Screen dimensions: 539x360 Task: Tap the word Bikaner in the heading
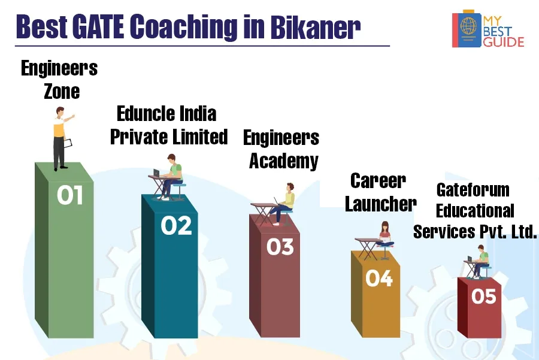(315, 26)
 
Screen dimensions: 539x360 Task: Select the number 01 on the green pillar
(70, 195)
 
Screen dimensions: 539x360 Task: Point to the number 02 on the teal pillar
(176, 226)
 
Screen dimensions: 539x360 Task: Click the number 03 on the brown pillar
(280, 247)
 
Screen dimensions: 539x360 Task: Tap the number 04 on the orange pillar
(379, 278)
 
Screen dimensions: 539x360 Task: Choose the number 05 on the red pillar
(484, 296)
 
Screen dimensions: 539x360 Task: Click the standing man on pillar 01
(62, 138)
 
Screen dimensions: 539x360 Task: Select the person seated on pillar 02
(172, 176)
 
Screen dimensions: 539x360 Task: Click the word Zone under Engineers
(62, 92)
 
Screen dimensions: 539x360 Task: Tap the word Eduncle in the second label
(146, 114)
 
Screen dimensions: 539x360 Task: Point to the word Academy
(284, 161)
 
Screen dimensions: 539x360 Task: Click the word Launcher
(381, 204)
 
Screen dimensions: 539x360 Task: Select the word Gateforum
(473, 190)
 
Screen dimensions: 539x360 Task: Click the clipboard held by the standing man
(68, 143)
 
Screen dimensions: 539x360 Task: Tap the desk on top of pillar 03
(263, 214)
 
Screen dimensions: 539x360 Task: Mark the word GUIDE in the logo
(504, 42)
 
